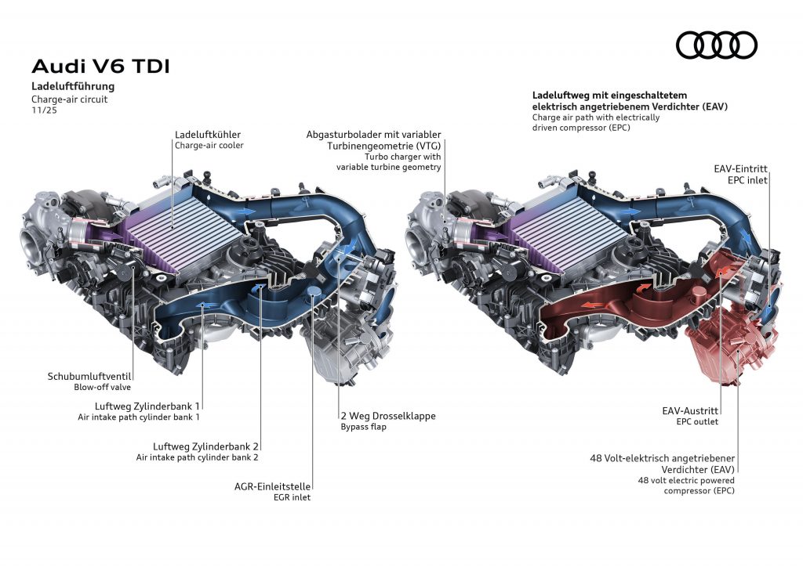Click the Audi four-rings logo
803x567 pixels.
[x=717, y=45]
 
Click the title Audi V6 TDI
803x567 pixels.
[x=100, y=66]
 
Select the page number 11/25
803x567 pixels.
[x=44, y=110]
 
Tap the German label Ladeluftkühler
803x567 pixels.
[x=208, y=134]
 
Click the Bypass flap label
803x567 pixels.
[x=365, y=428]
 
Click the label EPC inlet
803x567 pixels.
[x=747, y=179]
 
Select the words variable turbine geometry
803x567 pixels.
[x=389, y=167]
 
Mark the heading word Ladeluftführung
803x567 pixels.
[x=73, y=86]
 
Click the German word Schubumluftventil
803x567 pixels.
[x=89, y=376]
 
